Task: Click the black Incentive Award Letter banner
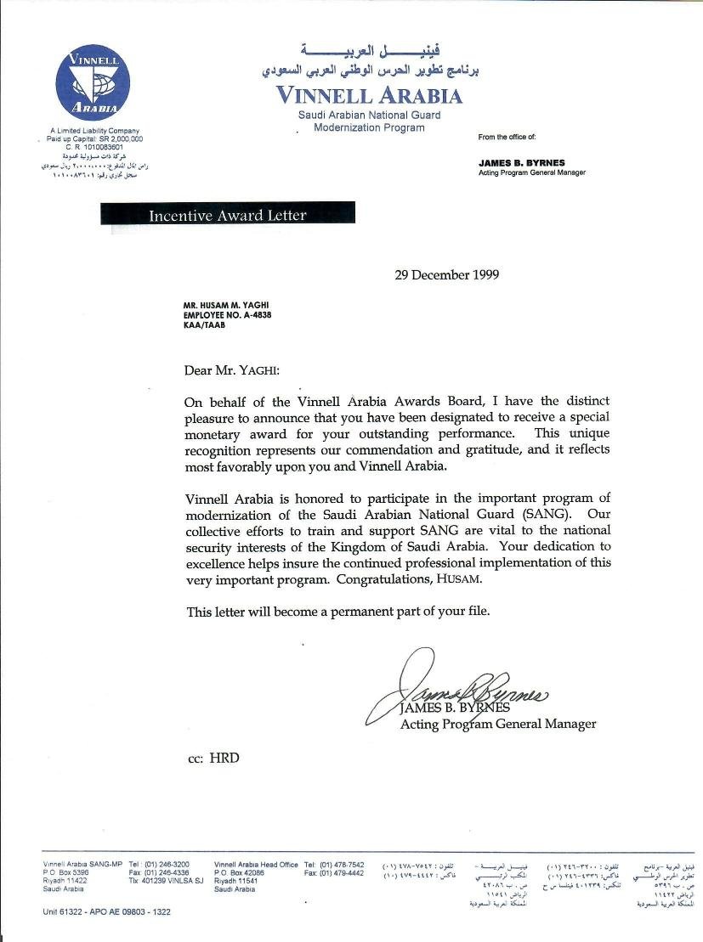click(x=227, y=215)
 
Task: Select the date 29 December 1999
click(x=447, y=274)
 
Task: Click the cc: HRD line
click(x=213, y=758)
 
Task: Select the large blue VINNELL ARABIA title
click(x=370, y=95)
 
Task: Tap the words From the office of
click(x=507, y=137)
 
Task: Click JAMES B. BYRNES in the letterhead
click(x=521, y=162)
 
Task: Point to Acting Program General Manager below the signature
click(x=498, y=725)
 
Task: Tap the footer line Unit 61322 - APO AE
click(x=106, y=911)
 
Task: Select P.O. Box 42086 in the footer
click(x=240, y=872)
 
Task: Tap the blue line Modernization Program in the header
click(x=369, y=127)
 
